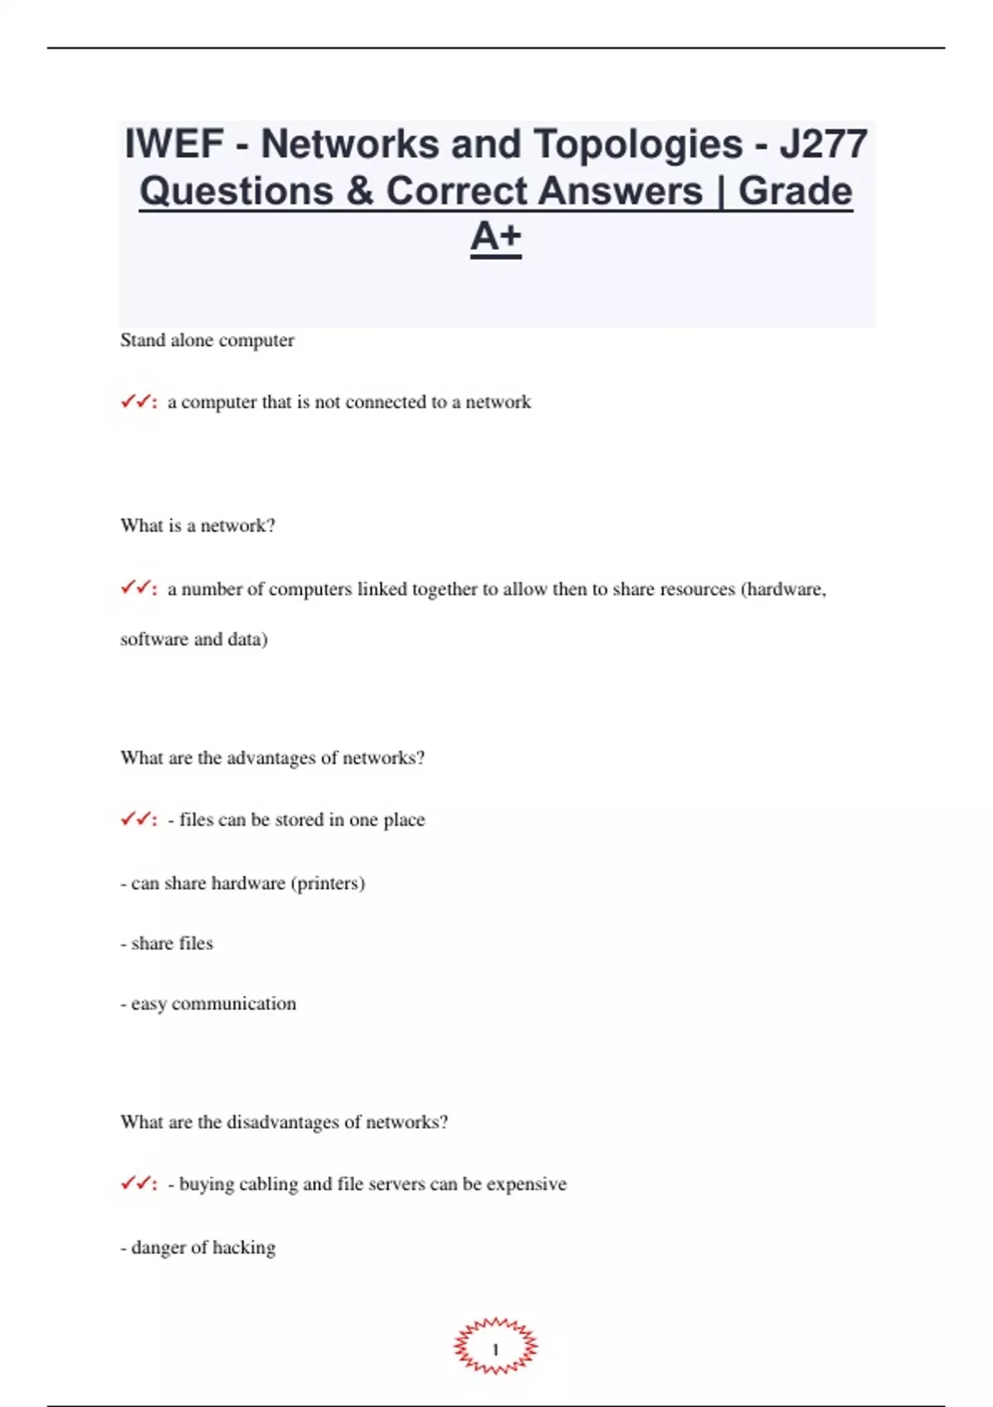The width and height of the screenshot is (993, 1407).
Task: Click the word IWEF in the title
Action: [x=174, y=144]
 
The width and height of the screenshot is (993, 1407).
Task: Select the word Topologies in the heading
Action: [x=637, y=144]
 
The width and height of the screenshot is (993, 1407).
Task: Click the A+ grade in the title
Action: [x=496, y=237]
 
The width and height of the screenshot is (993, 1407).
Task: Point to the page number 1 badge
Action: [x=496, y=1349]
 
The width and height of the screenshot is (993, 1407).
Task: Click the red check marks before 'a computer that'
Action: [x=137, y=402]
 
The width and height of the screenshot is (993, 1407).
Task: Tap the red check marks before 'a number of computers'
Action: [x=137, y=588]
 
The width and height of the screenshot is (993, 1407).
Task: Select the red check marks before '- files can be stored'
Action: [x=137, y=819]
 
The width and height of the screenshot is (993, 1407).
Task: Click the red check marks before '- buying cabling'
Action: [x=137, y=1184]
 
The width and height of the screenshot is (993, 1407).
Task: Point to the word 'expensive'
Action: [x=526, y=1184]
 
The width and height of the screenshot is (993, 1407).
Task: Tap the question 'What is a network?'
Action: [x=198, y=526]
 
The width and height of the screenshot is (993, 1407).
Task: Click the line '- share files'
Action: [x=167, y=944]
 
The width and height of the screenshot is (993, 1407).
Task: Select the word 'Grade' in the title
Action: [x=794, y=191]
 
